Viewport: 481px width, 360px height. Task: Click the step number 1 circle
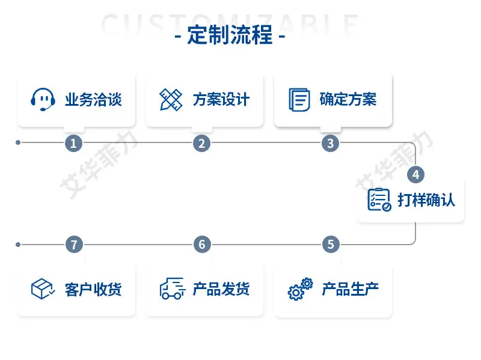tap(73, 143)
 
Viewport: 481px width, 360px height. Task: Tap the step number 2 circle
tap(201, 143)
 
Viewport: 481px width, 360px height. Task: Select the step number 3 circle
tap(330, 143)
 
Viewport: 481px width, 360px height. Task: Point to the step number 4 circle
tap(415, 174)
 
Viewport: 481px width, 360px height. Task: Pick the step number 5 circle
tap(331, 245)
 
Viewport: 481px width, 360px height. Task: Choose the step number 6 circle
tap(202, 245)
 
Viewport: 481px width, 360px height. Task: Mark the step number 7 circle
tap(74, 245)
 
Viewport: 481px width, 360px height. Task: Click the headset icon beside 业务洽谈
tap(43, 100)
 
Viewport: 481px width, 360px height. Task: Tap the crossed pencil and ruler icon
tap(171, 100)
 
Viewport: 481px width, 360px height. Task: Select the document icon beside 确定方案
tap(299, 100)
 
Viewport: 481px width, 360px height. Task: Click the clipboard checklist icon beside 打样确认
tap(379, 200)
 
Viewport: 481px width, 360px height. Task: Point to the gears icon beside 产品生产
tap(300, 289)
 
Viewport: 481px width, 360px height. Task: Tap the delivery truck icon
tap(173, 288)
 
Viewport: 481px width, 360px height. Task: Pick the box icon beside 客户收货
tap(43, 288)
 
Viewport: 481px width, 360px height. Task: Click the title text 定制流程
tap(230, 35)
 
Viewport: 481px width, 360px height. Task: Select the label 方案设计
tap(221, 100)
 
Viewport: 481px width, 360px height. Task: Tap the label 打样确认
tap(426, 200)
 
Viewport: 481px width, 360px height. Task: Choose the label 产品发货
tap(221, 289)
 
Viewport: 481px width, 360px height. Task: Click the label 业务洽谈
tap(93, 100)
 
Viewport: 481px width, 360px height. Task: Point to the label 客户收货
tap(93, 289)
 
